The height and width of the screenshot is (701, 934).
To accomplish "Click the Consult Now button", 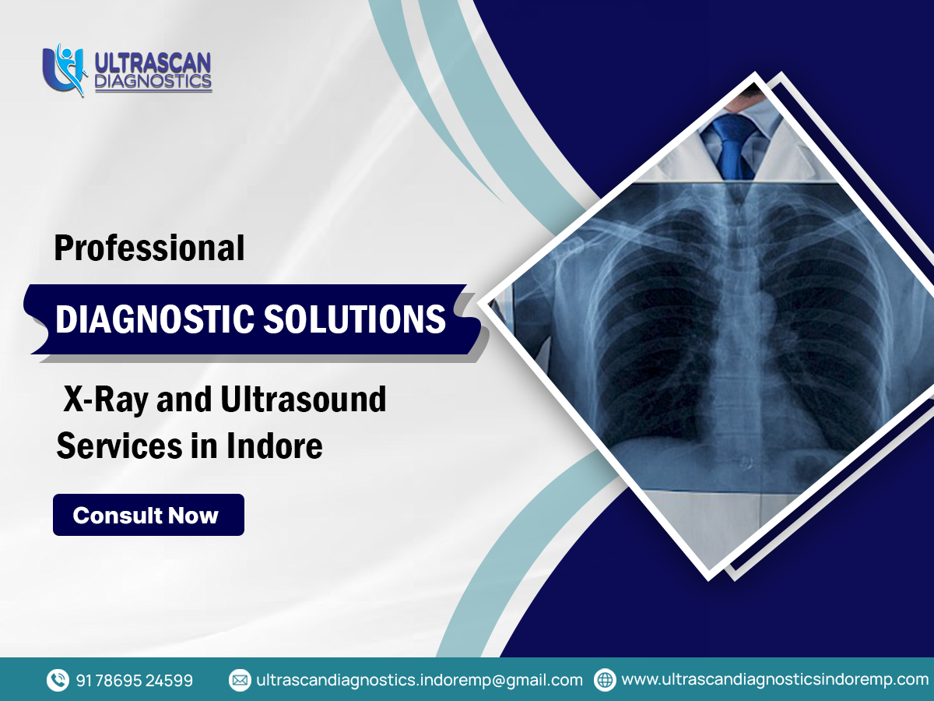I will tap(148, 515).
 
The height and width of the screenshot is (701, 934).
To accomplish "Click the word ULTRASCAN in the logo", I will tap(153, 62).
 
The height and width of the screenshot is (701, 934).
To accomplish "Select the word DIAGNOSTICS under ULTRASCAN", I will tap(153, 81).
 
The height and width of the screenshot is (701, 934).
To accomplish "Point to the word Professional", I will tap(149, 248).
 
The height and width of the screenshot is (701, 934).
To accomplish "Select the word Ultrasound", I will tap(304, 400).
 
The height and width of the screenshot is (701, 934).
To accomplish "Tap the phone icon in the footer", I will tap(58, 680).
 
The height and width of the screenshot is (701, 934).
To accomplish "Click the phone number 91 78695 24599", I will tap(135, 680).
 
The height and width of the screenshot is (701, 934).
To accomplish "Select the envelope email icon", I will tap(240, 680).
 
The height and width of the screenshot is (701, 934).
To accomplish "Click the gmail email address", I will tap(420, 680).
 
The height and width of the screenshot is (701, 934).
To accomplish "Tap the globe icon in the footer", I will tap(605, 680).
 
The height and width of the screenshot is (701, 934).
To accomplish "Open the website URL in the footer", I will tap(775, 680).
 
